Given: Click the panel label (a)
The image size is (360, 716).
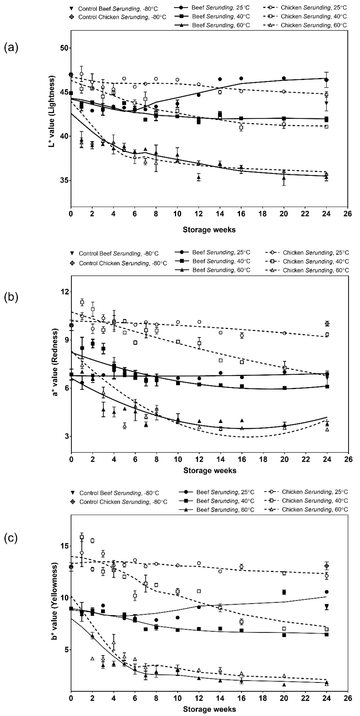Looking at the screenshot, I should pos(11,48).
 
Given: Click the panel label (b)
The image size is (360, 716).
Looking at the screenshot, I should pos(11,297).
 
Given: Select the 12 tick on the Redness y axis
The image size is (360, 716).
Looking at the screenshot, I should pos(65,292).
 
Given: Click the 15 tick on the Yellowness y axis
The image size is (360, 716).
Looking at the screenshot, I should pos(65,546).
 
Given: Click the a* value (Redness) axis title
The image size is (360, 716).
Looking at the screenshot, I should pos(55,362).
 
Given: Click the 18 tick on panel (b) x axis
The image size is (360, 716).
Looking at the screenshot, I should pos(263,459).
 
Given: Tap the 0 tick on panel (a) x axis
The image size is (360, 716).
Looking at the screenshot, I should pos(71,214).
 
